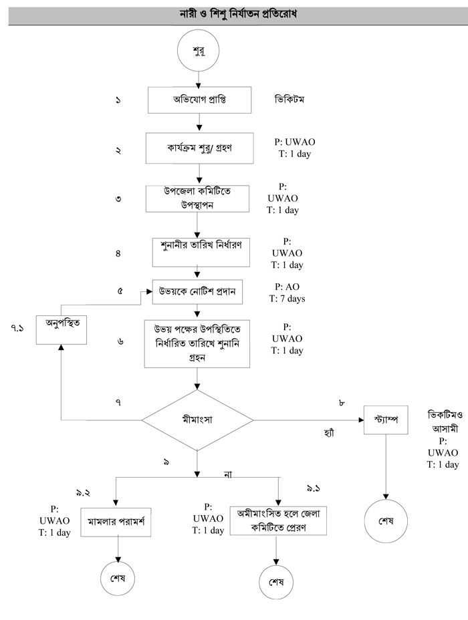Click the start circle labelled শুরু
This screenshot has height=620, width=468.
coord(198,51)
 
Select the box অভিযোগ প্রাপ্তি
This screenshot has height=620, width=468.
coord(199,102)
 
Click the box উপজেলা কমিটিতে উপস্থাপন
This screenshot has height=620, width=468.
coord(198,197)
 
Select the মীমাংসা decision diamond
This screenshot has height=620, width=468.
coord(198,420)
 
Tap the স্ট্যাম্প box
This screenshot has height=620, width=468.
coord(386,420)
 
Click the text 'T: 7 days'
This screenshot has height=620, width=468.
coord(287,299)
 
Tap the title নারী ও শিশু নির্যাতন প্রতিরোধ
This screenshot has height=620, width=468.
coord(233,13)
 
